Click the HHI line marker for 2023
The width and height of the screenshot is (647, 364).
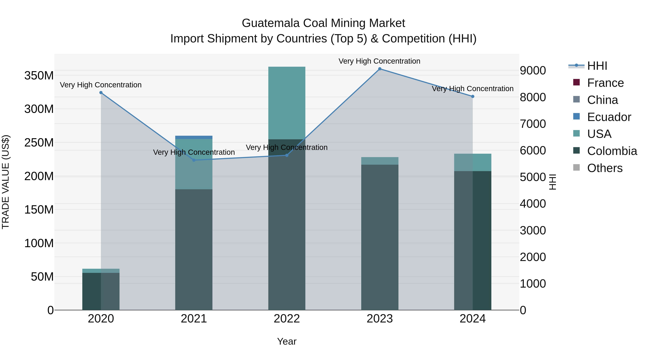380,69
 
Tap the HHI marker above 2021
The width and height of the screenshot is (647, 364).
194,160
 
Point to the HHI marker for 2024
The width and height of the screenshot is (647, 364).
472,97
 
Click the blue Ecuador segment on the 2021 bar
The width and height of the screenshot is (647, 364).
194,137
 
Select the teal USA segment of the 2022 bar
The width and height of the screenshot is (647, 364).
287,103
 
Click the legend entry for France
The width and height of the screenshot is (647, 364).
605,83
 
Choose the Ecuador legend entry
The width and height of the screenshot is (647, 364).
609,117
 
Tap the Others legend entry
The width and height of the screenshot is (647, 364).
605,168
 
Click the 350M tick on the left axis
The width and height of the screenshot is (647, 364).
39,76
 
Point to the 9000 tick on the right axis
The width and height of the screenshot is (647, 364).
533,71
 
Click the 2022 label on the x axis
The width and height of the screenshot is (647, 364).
287,319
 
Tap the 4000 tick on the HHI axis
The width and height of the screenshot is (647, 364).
533,204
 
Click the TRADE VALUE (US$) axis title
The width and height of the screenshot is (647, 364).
6,182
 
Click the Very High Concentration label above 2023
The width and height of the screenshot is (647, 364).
379,61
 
